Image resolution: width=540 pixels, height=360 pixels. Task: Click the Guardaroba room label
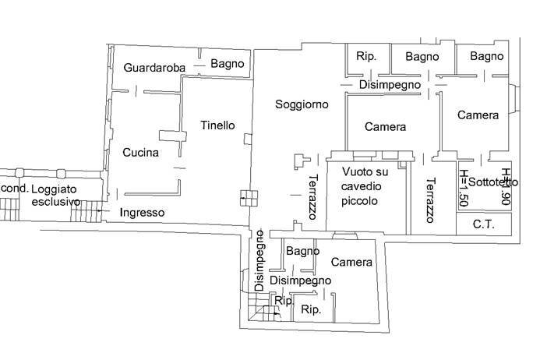click(x=154, y=68)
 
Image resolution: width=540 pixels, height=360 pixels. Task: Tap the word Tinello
click(x=217, y=125)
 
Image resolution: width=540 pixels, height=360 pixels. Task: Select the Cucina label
click(x=140, y=153)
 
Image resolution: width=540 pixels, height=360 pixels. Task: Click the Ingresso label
click(x=142, y=212)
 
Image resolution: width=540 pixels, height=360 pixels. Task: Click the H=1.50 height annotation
click(x=464, y=188)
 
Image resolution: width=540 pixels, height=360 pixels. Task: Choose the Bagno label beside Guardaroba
click(x=228, y=64)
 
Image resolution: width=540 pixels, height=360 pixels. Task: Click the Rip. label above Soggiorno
click(x=366, y=56)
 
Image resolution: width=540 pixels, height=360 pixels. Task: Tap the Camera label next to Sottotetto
click(x=478, y=115)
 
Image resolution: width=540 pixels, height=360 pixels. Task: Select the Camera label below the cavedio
click(x=351, y=263)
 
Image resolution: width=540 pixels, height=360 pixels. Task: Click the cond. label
click(x=14, y=189)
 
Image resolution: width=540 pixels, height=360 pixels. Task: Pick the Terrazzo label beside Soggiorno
click(x=311, y=196)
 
